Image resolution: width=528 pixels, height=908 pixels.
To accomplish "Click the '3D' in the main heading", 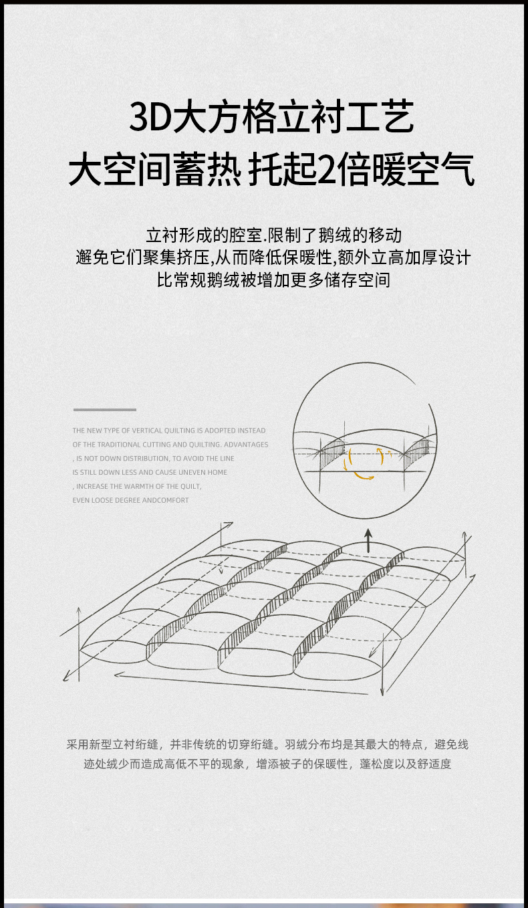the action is [150, 117].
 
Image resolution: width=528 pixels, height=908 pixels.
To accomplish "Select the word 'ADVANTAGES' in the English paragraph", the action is [246, 445].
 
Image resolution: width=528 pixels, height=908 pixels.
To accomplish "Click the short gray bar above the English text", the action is [105, 410].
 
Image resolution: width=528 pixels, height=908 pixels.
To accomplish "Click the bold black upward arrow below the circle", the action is [368, 540].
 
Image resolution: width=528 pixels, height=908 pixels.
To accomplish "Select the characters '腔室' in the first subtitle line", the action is [246, 235].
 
